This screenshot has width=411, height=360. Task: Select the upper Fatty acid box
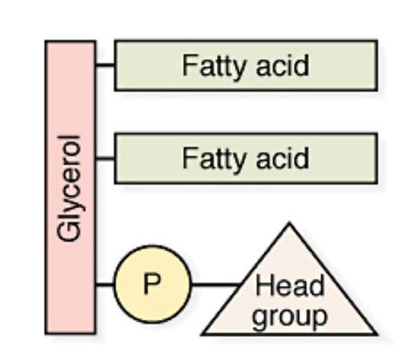[x=245, y=65]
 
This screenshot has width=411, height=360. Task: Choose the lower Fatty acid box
[x=245, y=159]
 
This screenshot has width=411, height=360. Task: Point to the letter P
[x=150, y=284]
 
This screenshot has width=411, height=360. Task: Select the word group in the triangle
[x=290, y=315]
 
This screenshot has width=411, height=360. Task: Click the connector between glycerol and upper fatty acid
[x=105, y=65]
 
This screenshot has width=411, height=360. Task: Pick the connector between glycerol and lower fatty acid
[x=105, y=159]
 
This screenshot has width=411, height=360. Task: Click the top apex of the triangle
[x=289, y=226]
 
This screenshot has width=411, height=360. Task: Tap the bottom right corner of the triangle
[x=375, y=334]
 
